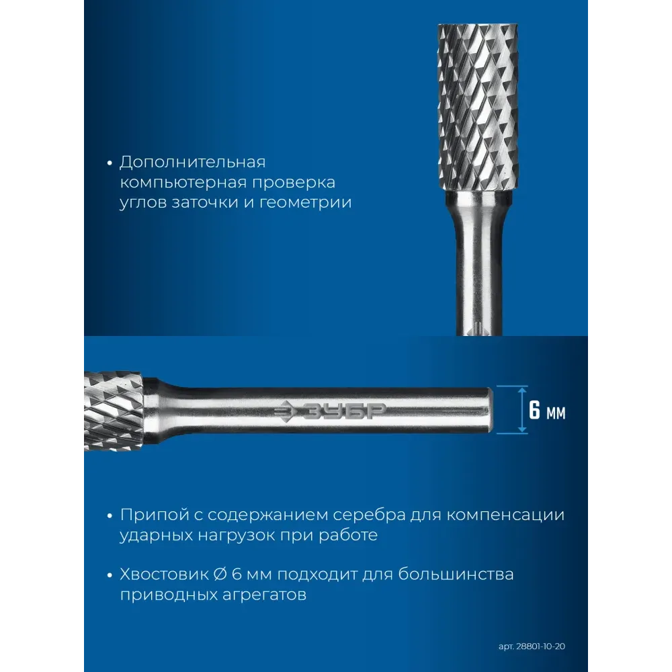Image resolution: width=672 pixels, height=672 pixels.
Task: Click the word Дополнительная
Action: (x=192, y=163)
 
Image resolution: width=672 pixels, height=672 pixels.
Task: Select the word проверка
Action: (x=293, y=183)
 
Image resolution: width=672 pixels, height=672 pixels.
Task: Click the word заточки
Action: (x=205, y=202)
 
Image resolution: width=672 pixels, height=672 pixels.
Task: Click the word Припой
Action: (x=154, y=515)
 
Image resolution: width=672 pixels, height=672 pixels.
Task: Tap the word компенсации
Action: (x=505, y=515)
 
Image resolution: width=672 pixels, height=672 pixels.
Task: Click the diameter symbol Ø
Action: (x=220, y=575)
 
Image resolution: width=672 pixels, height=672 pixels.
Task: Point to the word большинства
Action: (x=456, y=575)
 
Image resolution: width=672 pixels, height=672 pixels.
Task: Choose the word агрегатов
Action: (x=264, y=595)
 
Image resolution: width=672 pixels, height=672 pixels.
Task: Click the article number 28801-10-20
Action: (x=540, y=646)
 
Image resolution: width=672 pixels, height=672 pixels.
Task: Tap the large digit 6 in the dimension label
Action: (x=534, y=410)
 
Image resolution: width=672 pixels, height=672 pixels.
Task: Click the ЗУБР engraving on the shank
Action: (x=329, y=411)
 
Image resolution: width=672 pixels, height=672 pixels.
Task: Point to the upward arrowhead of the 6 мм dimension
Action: (x=522, y=390)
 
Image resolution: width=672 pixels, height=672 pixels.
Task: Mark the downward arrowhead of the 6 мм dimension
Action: (x=522, y=429)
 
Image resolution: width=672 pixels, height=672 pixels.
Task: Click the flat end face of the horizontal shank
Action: (x=491, y=410)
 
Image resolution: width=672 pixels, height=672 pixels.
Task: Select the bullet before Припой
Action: (x=110, y=515)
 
